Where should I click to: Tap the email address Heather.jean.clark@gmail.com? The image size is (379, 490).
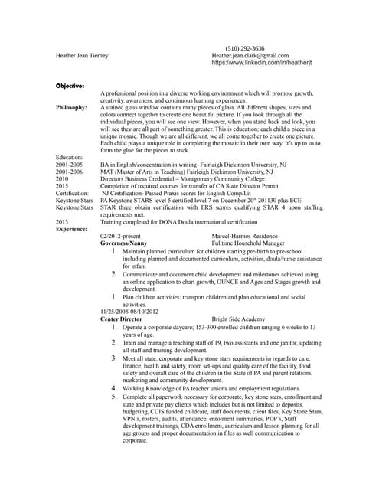click(250, 56)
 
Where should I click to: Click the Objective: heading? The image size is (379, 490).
click(70, 85)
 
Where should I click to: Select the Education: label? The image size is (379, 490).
click(71, 156)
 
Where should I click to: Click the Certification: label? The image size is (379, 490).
click(74, 193)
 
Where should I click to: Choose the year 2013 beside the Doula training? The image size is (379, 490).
click(62, 221)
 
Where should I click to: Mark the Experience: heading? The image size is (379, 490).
click(72, 229)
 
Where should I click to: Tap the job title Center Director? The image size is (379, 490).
click(123, 318)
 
